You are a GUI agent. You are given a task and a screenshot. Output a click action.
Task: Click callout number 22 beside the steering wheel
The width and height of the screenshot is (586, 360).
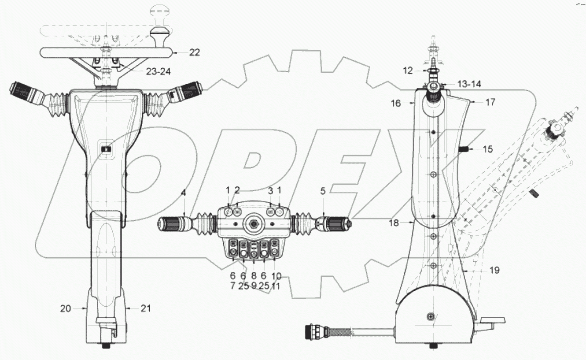click(194, 52)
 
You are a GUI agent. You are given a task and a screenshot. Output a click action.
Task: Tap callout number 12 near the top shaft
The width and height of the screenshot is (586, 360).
click(407, 70)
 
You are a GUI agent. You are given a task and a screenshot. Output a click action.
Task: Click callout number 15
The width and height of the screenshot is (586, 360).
click(487, 149)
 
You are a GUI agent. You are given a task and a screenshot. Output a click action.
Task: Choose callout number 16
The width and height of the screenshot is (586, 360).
click(395, 104)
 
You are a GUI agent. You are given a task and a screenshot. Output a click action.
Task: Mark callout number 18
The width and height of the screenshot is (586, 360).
click(394, 223)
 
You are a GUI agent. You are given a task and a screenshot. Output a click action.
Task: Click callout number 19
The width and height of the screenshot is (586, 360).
click(494, 270)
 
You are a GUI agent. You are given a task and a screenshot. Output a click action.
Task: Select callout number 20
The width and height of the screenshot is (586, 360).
click(66, 309)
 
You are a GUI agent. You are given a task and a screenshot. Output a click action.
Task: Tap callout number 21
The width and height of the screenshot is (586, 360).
click(145, 309)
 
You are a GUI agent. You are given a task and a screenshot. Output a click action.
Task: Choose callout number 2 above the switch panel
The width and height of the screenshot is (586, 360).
click(238, 190)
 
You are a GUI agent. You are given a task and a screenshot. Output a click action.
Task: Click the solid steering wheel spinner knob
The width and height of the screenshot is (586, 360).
click(158, 33)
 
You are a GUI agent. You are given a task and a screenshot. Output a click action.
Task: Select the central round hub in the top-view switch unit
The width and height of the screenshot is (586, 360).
click(254, 224)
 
